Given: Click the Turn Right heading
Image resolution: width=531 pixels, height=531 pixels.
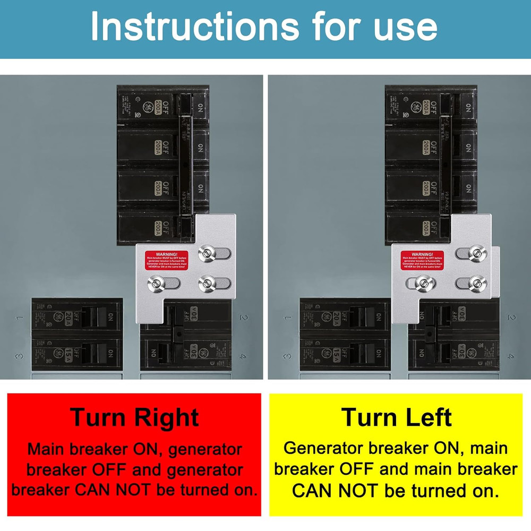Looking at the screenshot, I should pyautogui.click(x=134, y=417).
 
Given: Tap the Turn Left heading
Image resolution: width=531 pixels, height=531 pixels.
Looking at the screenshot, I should pyautogui.click(x=397, y=417).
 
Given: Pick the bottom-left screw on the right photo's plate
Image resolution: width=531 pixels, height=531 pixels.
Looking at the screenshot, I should pyautogui.click(x=422, y=284).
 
